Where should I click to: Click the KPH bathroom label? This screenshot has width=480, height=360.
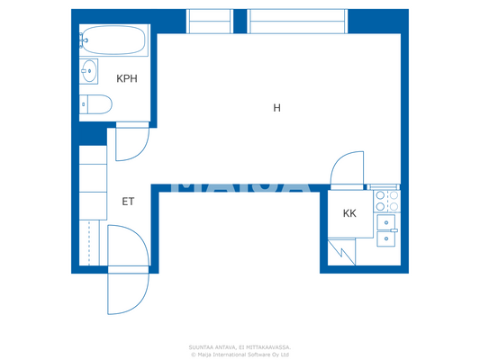126,78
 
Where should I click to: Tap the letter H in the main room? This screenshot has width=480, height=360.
277,108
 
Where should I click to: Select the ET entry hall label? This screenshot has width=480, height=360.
128,202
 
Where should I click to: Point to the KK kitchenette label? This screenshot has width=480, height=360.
349,214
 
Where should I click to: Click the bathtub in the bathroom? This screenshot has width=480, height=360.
113,40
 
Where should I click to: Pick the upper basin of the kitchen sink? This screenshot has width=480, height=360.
388,220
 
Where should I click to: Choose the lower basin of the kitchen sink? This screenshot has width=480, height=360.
387,238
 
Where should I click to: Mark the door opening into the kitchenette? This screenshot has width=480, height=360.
347,170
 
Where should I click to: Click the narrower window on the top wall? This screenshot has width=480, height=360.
210,21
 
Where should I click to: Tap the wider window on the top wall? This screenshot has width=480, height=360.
297,21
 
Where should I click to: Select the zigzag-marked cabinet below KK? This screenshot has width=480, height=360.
342,254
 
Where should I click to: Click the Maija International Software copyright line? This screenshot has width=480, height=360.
240,354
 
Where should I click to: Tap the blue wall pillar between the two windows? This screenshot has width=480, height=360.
240,20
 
